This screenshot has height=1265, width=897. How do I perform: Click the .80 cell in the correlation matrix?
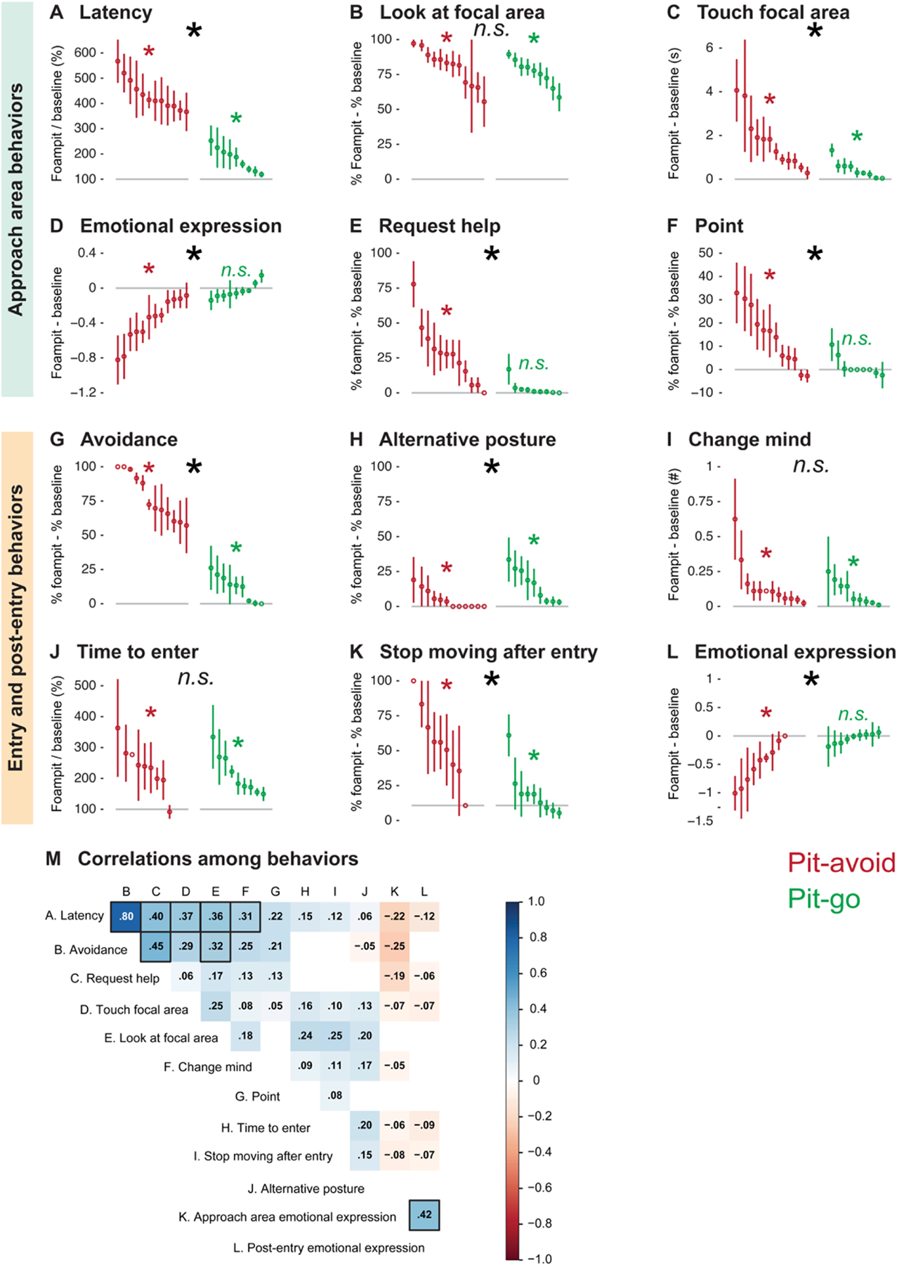(126, 916)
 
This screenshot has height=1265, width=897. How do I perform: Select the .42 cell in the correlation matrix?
(424, 1214)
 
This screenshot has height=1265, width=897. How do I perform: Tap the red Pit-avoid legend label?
(841, 862)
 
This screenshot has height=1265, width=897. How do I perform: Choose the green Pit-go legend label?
(823, 899)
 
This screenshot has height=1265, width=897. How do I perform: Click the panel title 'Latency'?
(115, 13)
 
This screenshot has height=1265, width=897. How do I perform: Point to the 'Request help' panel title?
(439, 226)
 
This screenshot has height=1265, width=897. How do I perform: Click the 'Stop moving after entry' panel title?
(488, 652)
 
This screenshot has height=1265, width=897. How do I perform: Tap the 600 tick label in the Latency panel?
(85, 53)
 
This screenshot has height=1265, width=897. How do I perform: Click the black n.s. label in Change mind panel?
(811, 465)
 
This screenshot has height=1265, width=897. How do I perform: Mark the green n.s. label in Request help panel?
(533, 363)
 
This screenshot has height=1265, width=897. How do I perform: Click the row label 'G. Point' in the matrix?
(257, 1096)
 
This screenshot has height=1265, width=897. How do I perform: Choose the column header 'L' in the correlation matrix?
(424, 892)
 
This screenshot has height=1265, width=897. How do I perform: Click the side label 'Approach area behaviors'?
(15, 200)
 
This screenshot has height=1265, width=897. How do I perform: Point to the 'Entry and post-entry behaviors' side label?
(15, 628)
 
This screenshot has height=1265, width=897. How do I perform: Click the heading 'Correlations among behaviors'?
(218, 859)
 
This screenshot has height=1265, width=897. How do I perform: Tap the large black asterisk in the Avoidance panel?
(194, 467)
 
